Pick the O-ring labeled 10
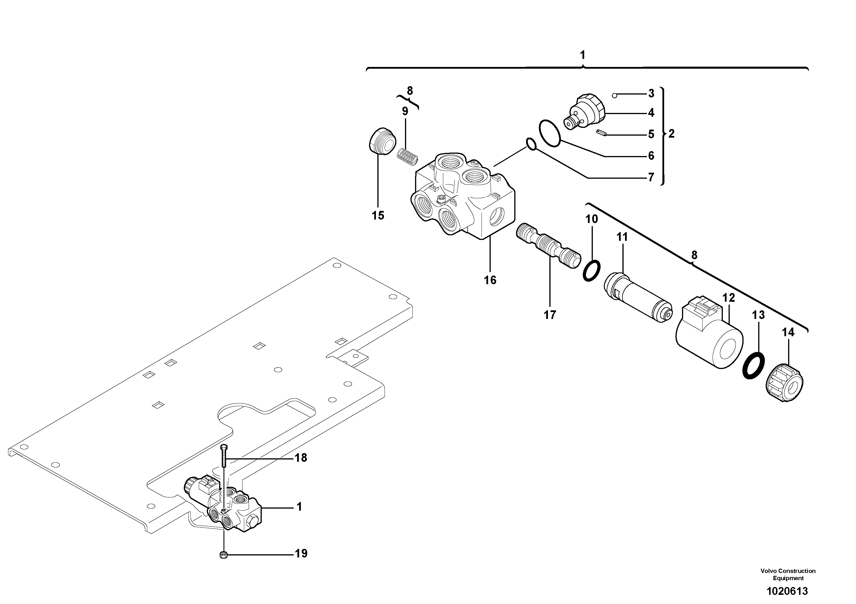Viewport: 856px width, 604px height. [592, 271]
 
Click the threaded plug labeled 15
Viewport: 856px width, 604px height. [381, 141]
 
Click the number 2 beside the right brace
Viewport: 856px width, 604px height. [671, 134]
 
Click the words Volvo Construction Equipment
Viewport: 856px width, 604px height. [788, 574]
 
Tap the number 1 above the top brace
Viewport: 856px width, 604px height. [582, 55]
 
